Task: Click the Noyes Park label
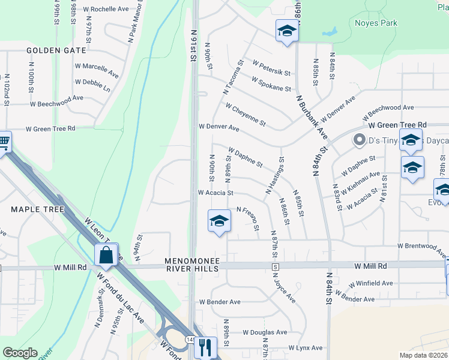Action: (x=376, y=23)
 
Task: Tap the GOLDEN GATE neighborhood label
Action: (x=56, y=50)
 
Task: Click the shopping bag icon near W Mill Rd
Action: (x=106, y=254)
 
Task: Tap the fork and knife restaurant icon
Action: (x=206, y=347)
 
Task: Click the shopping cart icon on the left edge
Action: (x=4, y=143)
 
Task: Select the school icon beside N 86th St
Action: (x=287, y=31)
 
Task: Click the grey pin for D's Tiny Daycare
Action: (x=360, y=140)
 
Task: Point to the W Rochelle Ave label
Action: (x=106, y=10)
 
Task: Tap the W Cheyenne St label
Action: (x=246, y=114)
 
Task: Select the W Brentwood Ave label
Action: (x=423, y=246)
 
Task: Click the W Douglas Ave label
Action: (x=265, y=332)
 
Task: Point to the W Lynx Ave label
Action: (x=305, y=348)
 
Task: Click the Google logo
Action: (x=20, y=353)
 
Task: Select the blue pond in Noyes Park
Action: (x=329, y=31)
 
